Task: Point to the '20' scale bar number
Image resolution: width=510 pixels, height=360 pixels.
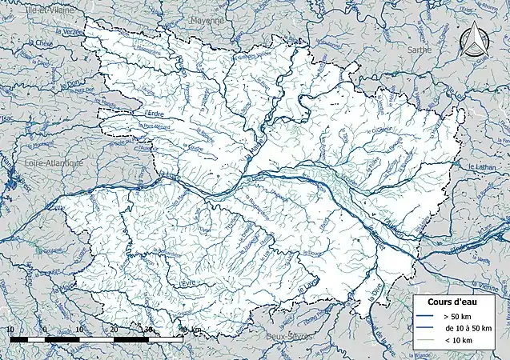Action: pyautogui.click(x=114, y=330)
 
